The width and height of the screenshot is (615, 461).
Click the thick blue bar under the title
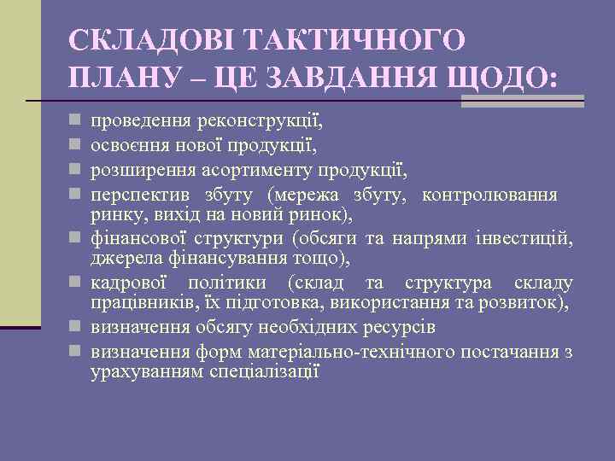click(522, 101)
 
